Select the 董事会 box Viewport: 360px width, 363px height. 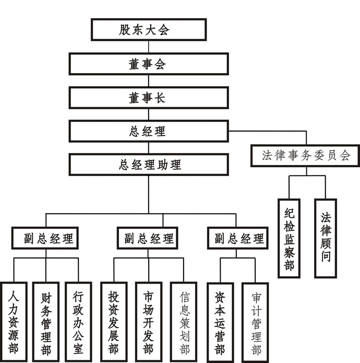coord(148,64)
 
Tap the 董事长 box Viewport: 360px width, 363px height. coord(148,98)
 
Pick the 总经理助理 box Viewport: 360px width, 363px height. coord(148,165)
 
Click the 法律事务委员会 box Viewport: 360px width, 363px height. coord(305,155)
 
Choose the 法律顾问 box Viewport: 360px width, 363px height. coord(326,238)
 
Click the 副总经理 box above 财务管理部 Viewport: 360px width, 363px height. coord(45,239)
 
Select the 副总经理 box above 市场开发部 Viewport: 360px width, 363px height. coord(148,239)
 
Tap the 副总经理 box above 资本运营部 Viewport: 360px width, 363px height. coord(238,239)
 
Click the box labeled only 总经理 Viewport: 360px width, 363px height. coord(148,131)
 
